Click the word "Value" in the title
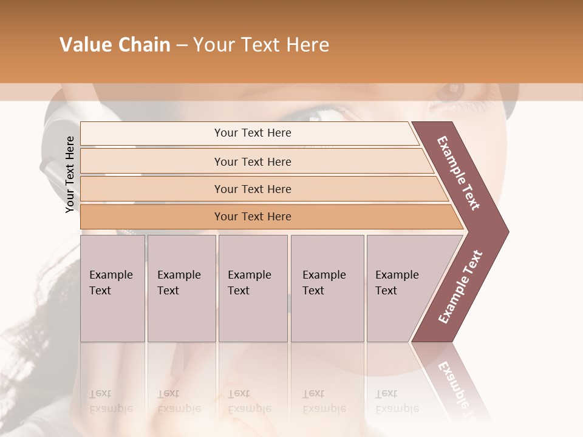(x=85, y=45)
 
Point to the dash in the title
(x=182, y=46)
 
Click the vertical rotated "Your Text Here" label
(x=70, y=174)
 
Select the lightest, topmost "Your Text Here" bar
(x=253, y=133)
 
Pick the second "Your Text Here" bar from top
(x=253, y=161)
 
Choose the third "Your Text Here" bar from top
(x=253, y=189)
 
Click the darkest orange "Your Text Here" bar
(x=253, y=217)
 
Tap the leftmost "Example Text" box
(x=112, y=288)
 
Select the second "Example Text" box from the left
(x=182, y=288)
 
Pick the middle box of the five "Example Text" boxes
(x=253, y=288)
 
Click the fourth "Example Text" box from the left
(x=327, y=288)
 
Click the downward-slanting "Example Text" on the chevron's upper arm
(x=459, y=173)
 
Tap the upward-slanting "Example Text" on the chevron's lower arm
(x=460, y=286)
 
